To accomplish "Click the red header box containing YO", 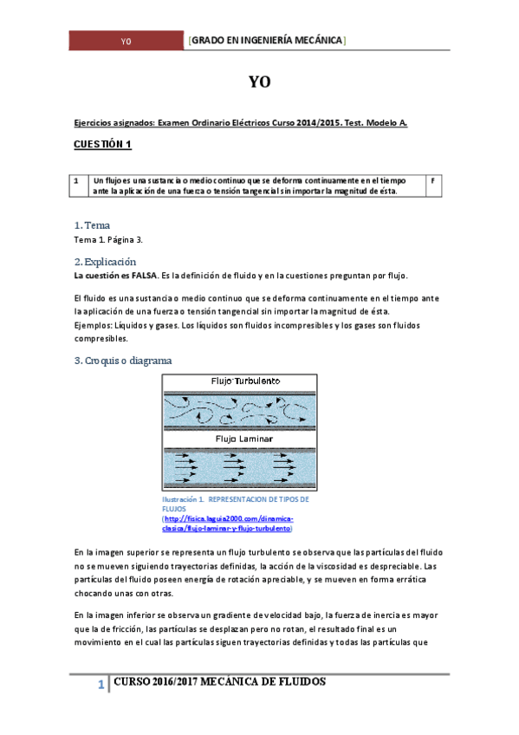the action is [x=127, y=42].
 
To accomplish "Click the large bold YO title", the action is [x=259, y=82].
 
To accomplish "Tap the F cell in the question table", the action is [x=432, y=179].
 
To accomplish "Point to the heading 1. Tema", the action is [x=92, y=225].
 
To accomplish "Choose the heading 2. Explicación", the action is [x=106, y=261].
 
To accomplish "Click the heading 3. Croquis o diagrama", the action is [x=122, y=360].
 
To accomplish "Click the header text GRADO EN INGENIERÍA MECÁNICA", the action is [x=267, y=41].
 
